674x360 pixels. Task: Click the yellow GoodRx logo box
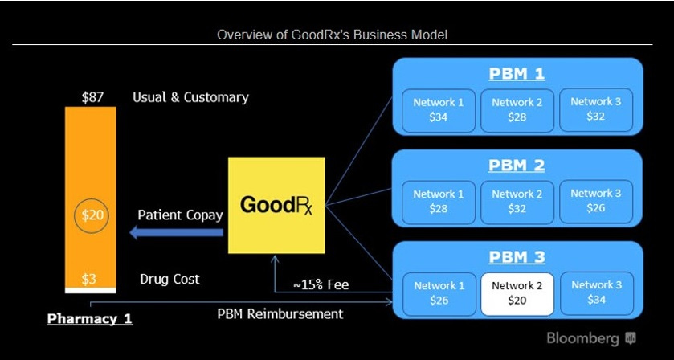pos(276,205)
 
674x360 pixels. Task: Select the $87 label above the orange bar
pos(92,97)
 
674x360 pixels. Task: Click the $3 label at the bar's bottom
pos(89,279)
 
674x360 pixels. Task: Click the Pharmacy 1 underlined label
pos(90,319)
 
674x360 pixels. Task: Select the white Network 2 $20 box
pos(517,292)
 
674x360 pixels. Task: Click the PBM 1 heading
pos(517,74)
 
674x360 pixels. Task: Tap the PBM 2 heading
pos(517,166)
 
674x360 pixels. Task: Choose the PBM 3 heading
pos(517,257)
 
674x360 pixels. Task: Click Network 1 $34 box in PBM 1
pos(439,109)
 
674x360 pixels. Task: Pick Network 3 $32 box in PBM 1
pos(596,109)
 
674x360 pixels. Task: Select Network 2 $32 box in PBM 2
pos(517,201)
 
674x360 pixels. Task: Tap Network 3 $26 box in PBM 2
pos(596,201)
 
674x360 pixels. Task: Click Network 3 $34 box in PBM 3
pos(596,292)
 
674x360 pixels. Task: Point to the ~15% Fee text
pos(321,284)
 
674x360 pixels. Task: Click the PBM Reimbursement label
pos(280,313)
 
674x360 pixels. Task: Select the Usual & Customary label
pos(190,97)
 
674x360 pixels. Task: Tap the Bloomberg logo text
pos(584,337)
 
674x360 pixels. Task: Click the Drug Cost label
pos(170,279)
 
